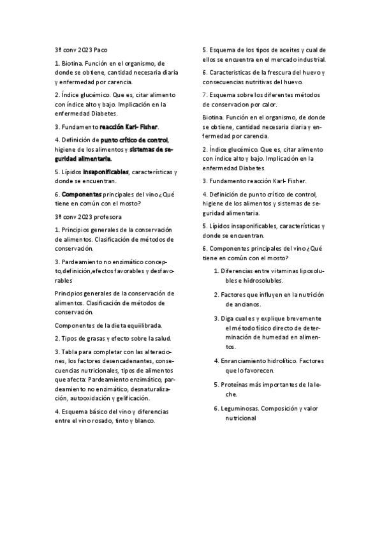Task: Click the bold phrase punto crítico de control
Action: [135, 139]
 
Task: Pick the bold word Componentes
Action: [81, 193]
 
